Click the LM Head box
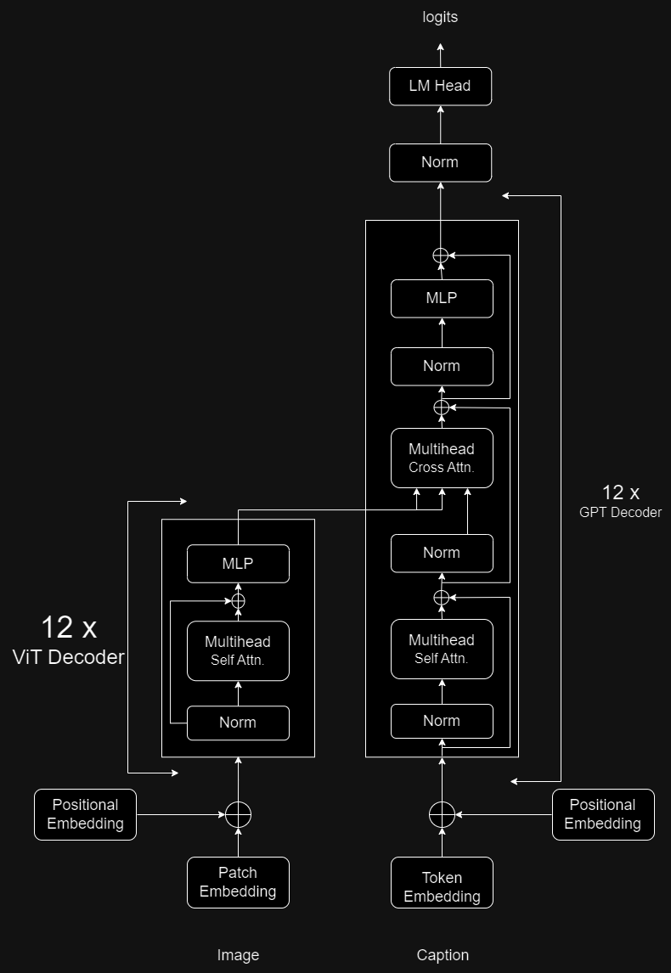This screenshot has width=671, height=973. click(x=440, y=86)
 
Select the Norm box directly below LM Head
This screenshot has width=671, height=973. click(x=440, y=162)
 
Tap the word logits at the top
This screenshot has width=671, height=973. click(x=440, y=18)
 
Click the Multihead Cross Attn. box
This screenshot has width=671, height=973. click(x=442, y=458)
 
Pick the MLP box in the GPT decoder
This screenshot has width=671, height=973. click(x=442, y=298)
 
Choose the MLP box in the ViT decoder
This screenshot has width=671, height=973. click(x=238, y=564)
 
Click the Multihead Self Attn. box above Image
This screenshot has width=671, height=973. click(x=238, y=650)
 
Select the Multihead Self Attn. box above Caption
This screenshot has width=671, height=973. click(x=442, y=649)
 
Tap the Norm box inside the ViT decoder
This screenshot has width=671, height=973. click(x=238, y=723)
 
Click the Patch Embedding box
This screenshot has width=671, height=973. click(x=238, y=882)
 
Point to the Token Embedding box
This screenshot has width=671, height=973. click(x=442, y=886)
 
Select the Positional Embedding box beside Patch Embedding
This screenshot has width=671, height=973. click(x=85, y=814)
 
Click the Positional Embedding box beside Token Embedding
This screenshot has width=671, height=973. click(x=603, y=814)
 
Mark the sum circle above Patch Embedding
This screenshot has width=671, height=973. click(x=239, y=815)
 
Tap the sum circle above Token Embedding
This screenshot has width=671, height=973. click(x=442, y=815)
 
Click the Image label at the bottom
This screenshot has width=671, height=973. click(x=238, y=955)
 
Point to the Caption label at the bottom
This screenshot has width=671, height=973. click(x=443, y=955)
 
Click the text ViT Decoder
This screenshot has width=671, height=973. click(x=68, y=656)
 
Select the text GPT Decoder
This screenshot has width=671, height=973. click(x=619, y=512)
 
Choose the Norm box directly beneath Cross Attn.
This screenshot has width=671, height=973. click(x=442, y=553)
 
